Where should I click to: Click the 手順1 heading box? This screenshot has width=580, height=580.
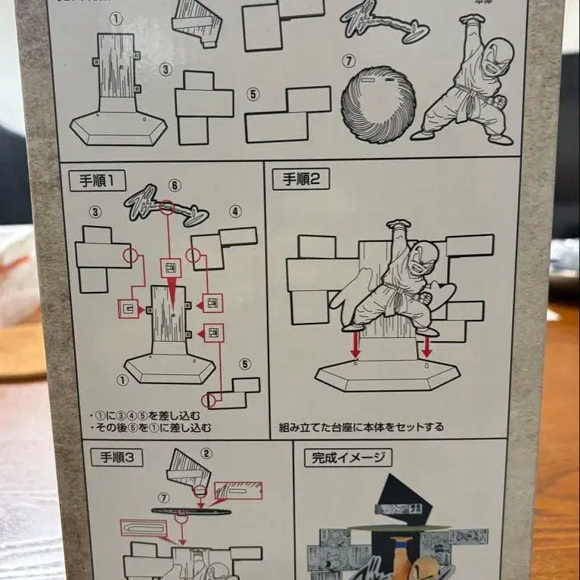[x=97, y=181]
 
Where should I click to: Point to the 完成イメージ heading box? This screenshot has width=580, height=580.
[x=348, y=457]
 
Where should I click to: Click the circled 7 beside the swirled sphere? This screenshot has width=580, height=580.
[x=348, y=60]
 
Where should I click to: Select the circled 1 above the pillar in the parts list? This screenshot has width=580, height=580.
[x=115, y=17]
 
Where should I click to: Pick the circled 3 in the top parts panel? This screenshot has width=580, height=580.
[x=166, y=70]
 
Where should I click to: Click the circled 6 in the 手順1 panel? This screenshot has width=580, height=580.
[x=174, y=185]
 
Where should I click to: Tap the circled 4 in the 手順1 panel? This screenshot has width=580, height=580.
[x=235, y=212]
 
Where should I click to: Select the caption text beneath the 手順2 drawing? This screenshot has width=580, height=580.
[x=361, y=426]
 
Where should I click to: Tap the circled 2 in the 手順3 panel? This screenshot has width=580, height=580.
[x=206, y=454]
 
